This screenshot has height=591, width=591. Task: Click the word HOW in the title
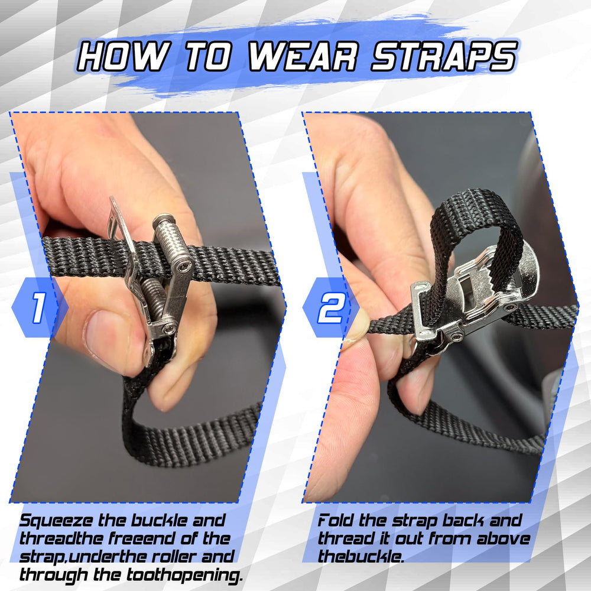tap(121, 57)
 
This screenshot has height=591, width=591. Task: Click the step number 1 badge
tap(38, 307)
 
